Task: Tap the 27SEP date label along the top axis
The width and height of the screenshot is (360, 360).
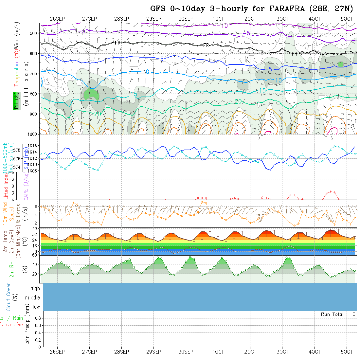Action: [x=89, y=19]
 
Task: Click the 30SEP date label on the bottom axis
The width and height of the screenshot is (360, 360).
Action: [x=186, y=352]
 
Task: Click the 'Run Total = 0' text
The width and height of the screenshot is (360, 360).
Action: [x=338, y=314]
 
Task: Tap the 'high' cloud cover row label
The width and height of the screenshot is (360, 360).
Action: [x=35, y=288]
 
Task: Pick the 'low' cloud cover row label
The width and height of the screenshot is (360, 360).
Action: [x=36, y=307]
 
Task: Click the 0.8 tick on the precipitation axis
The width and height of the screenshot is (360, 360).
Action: [x=37, y=318]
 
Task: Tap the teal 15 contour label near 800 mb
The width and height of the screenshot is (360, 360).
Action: [x=133, y=94]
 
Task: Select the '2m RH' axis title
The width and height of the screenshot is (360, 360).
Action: [x=11, y=269]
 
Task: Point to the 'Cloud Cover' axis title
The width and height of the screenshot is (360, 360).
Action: [x=8, y=297]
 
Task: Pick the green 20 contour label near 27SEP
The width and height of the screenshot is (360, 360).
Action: [x=97, y=114]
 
